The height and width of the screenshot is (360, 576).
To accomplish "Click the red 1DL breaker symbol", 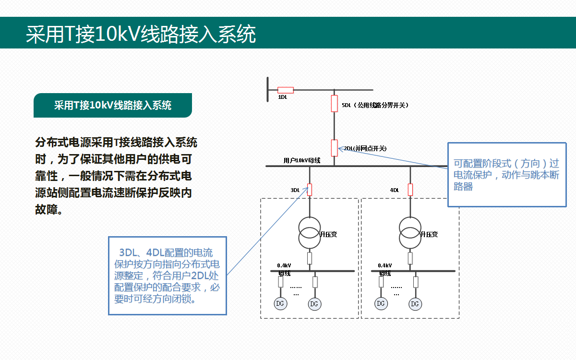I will coord(286,90).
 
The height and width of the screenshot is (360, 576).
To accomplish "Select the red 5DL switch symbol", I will coord(335,103).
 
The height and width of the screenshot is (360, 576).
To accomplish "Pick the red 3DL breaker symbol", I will coord(310,190).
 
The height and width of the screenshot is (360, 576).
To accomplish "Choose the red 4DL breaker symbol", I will coord(410,190).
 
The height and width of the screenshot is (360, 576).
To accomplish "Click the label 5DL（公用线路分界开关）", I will coord(375,105).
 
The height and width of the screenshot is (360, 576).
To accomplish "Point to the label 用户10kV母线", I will coord(302,160).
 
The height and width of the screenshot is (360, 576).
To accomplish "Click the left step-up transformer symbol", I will coord(310,232).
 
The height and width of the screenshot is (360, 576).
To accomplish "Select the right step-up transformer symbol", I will coord(410,232).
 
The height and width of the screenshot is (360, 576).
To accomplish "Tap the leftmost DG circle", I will coord(280,303).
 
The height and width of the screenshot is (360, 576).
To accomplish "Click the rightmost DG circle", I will coord(415,304).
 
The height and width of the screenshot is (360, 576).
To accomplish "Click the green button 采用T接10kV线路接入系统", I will coord(113,106).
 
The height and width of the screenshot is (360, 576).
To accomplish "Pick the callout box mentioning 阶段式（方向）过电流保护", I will coord(507,175).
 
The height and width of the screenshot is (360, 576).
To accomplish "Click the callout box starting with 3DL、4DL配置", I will coord(167,276).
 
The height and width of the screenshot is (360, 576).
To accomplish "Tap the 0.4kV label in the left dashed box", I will coord(284,265).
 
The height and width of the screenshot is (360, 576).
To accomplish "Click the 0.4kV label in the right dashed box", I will coord(385,265).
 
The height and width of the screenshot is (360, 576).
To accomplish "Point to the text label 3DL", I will coord(295,190).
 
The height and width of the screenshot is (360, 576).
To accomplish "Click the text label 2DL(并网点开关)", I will coord(365,148).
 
